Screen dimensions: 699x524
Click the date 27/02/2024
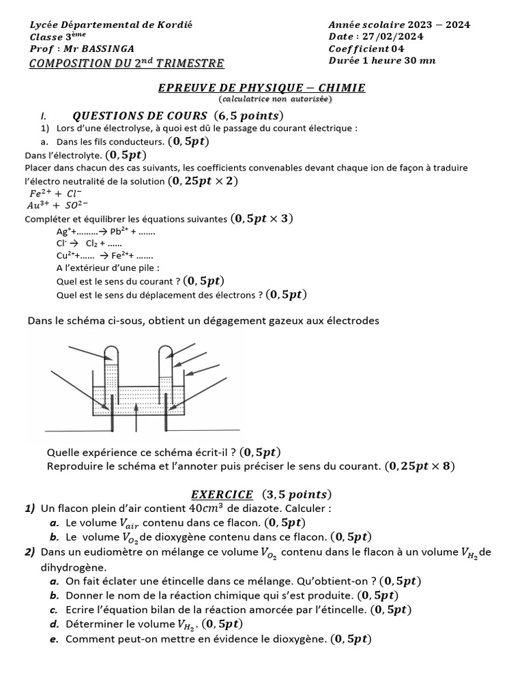pyautogui.click(x=392, y=37)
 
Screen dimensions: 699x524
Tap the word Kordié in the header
pyautogui.click(x=175, y=25)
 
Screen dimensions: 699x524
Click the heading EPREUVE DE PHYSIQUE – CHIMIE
pyautogui.click(x=261, y=87)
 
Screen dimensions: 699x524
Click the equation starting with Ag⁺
pyautogui.click(x=106, y=231)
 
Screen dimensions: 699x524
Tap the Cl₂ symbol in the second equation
pyautogui.click(x=91, y=243)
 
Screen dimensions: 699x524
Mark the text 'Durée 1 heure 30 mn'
pyautogui.click(x=381, y=61)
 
